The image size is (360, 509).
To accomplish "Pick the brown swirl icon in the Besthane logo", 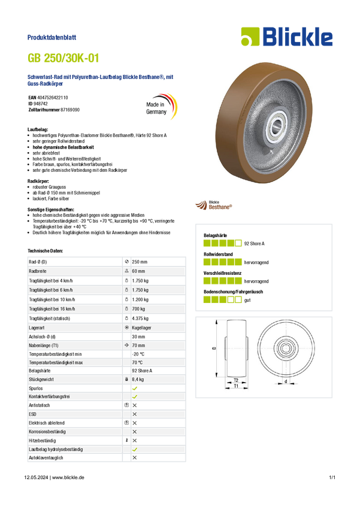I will [x=201, y=205].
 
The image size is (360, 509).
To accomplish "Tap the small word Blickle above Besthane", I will [x=213, y=201].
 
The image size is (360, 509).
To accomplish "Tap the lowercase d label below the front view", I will [x=286, y=381].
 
